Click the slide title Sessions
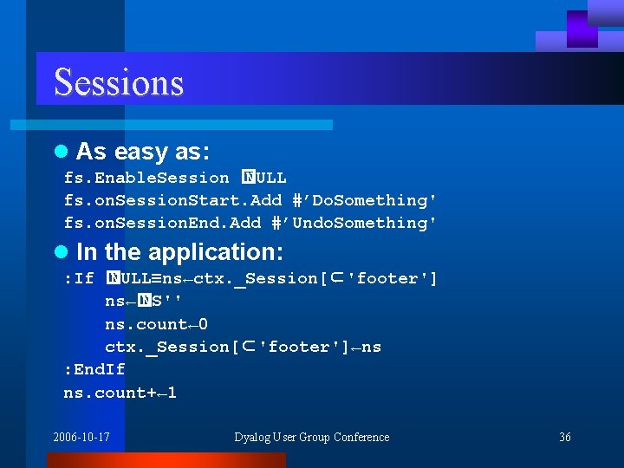(x=119, y=82)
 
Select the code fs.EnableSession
(x=146, y=178)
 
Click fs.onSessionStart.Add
(x=172, y=200)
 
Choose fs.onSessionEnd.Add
(x=162, y=223)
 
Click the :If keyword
(x=79, y=278)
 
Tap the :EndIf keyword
(x=94, y=369)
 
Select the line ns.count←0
(x=156, y=324)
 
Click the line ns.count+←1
(x=120, y=393)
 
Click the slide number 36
(x=564, y=437)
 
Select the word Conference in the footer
(x=361, y=437)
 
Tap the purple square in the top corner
(x=582, y=29)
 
